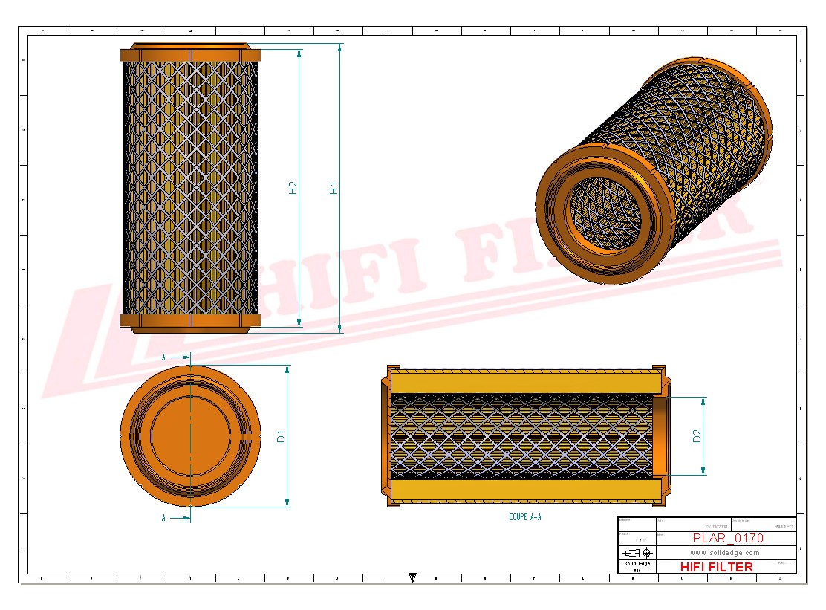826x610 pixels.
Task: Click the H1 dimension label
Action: [334, 188]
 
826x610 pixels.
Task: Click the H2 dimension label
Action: [293, 188]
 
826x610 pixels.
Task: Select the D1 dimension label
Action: [281, 436]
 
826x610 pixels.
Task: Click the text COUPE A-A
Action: [525, 516]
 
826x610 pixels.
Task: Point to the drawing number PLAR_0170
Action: [727, 538]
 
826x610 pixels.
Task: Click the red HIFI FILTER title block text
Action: [716, 567]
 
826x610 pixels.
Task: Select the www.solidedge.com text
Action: [724, 553]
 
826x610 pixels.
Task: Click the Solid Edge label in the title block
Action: [637, 564]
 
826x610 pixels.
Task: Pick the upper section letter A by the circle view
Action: [163, 357]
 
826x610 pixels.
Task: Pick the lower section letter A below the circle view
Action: [163, 518]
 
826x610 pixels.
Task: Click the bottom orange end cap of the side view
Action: [191, 321]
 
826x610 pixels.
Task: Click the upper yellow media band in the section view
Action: [524, 383]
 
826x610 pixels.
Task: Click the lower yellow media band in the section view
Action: [524, 490]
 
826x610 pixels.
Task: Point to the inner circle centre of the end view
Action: [190, 436]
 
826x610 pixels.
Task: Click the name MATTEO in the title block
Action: [783, 526]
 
